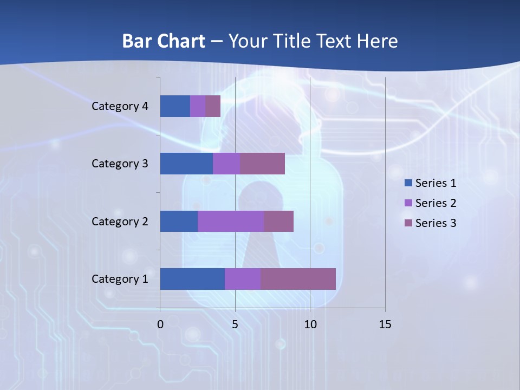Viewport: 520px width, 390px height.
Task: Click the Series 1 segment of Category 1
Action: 192,279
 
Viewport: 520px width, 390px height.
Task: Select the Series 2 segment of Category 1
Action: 243,279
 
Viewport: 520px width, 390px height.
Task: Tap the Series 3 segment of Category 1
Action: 298,279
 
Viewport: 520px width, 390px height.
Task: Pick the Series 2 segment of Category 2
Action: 231,221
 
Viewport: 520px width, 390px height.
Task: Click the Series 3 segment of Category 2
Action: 278,221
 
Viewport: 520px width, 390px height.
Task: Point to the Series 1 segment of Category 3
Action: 186,164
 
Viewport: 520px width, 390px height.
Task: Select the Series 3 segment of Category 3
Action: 262,164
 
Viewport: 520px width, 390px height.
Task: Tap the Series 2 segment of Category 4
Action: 198,106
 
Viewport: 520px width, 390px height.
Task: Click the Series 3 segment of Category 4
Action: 213,106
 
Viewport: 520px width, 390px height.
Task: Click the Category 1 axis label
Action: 120,279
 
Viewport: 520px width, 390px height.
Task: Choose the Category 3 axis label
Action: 120,164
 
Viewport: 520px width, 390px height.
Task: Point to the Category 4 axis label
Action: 120,106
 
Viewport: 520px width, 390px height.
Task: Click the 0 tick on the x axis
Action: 160,325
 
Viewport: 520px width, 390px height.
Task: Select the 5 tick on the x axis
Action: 235,325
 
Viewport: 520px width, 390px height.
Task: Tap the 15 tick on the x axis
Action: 385,325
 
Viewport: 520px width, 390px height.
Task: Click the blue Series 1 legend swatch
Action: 408,183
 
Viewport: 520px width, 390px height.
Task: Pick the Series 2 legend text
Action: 435,203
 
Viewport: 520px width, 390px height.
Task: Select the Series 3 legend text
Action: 435,223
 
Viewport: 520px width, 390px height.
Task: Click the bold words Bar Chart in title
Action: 164,41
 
